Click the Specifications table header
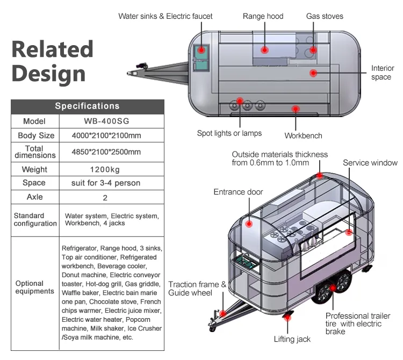pyautogui.click(x=87, y=106)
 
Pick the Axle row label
pyautogui.click(x=35, y=197)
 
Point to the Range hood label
pyautogui.click(x=263, y=17)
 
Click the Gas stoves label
pyautogui.click(x=325, y=17)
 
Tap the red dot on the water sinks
pyautogui.click(x=201, y=50)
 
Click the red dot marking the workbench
pyautogui.click(x=295, y=109)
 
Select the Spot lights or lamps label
pyautogui.click(x=229, y=133)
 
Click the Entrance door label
pyautogui.click(x=238, y=192)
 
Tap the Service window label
pyautogui.click(x=370, y=163)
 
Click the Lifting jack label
pyautogui.click(x=292, y=339)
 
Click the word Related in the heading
pyautogui.click(x=52, y=49)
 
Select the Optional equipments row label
pyautogui.click(x=35, y=287)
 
